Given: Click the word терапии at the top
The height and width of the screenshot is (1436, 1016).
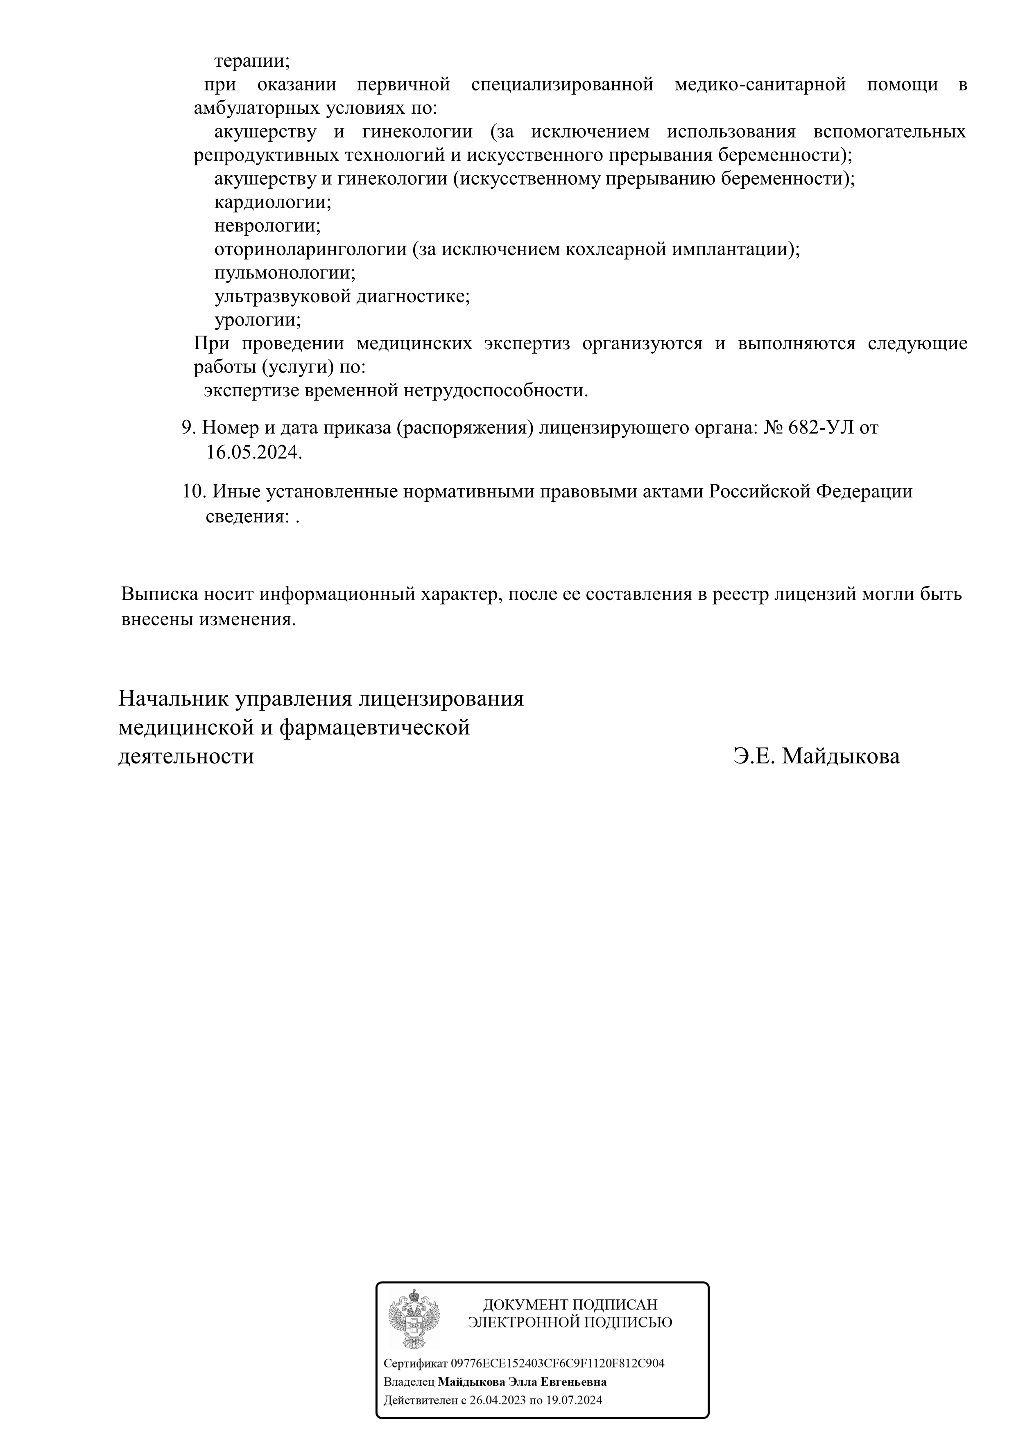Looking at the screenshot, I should coord(251,62).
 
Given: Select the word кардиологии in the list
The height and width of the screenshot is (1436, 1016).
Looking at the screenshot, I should coord(272,203).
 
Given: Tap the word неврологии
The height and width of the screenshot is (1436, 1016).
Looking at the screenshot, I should coord(267,226).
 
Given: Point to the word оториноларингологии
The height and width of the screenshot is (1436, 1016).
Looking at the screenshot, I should coord(310,250).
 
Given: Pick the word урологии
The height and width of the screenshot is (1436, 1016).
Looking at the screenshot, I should coord(257,320).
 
